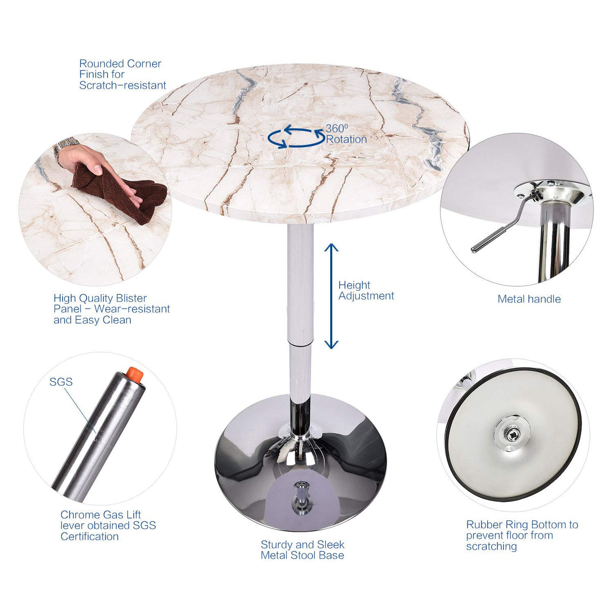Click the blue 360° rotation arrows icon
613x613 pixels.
tap(295, 137)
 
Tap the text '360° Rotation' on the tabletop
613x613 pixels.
tap(346, 134)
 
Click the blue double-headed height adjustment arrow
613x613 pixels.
tap(331, 296)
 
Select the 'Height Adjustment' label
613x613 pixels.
tap(366, 291)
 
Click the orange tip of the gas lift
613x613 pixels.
tap(135, 374)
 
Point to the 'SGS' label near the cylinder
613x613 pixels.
tap(61, 382)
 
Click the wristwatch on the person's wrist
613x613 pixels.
tap(65, 147)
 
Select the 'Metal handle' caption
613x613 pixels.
tap(529, 299)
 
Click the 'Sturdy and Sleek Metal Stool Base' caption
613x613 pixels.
tap(302, 550)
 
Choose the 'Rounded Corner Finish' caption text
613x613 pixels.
tap(122, 74)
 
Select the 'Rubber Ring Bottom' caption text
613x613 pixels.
tap(521, 535)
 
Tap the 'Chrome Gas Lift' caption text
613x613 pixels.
tap(108, 525)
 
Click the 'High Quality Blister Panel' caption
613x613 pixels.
tap(111, 309)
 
